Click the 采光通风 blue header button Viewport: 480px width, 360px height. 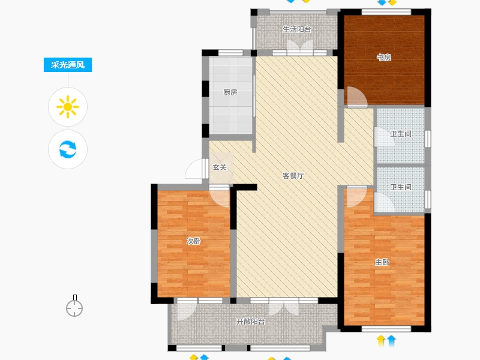click(68, 65)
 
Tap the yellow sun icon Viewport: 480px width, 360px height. click(68, 107)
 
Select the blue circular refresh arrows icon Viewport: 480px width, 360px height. click(68, 149)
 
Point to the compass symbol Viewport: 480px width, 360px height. click(74, 306)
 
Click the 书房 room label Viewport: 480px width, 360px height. click(384, 57)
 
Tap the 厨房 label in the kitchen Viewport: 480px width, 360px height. click(230, 92)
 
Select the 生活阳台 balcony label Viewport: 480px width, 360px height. click(297, 29)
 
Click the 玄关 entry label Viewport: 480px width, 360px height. click(220, 167)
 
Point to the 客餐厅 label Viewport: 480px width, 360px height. click(293, 176)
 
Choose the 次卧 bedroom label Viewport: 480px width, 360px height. click(194, 241)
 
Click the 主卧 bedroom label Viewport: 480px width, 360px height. click(382, 262)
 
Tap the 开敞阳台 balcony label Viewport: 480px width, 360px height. click(251, 322)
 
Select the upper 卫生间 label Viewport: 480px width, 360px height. click(401, 134)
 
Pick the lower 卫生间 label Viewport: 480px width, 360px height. click(401, 187)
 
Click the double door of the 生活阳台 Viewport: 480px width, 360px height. click(300, 47)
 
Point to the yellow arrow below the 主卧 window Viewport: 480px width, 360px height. click(381, 341)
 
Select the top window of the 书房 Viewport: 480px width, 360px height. click(386, 12)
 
